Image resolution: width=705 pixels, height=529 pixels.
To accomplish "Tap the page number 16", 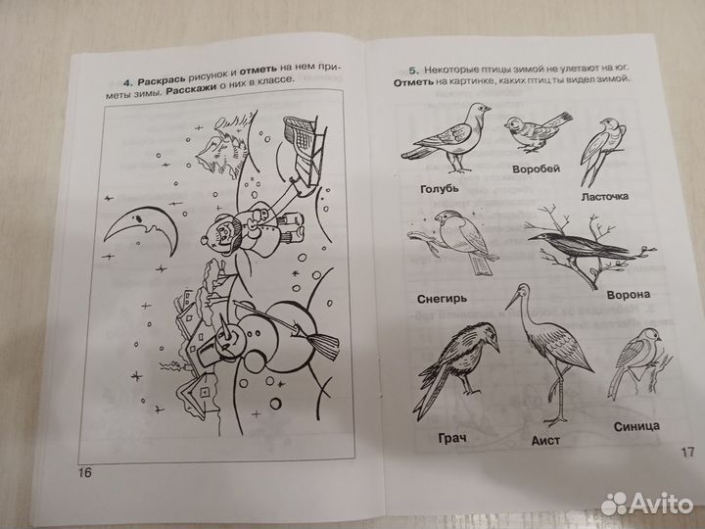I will pos(83,474).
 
